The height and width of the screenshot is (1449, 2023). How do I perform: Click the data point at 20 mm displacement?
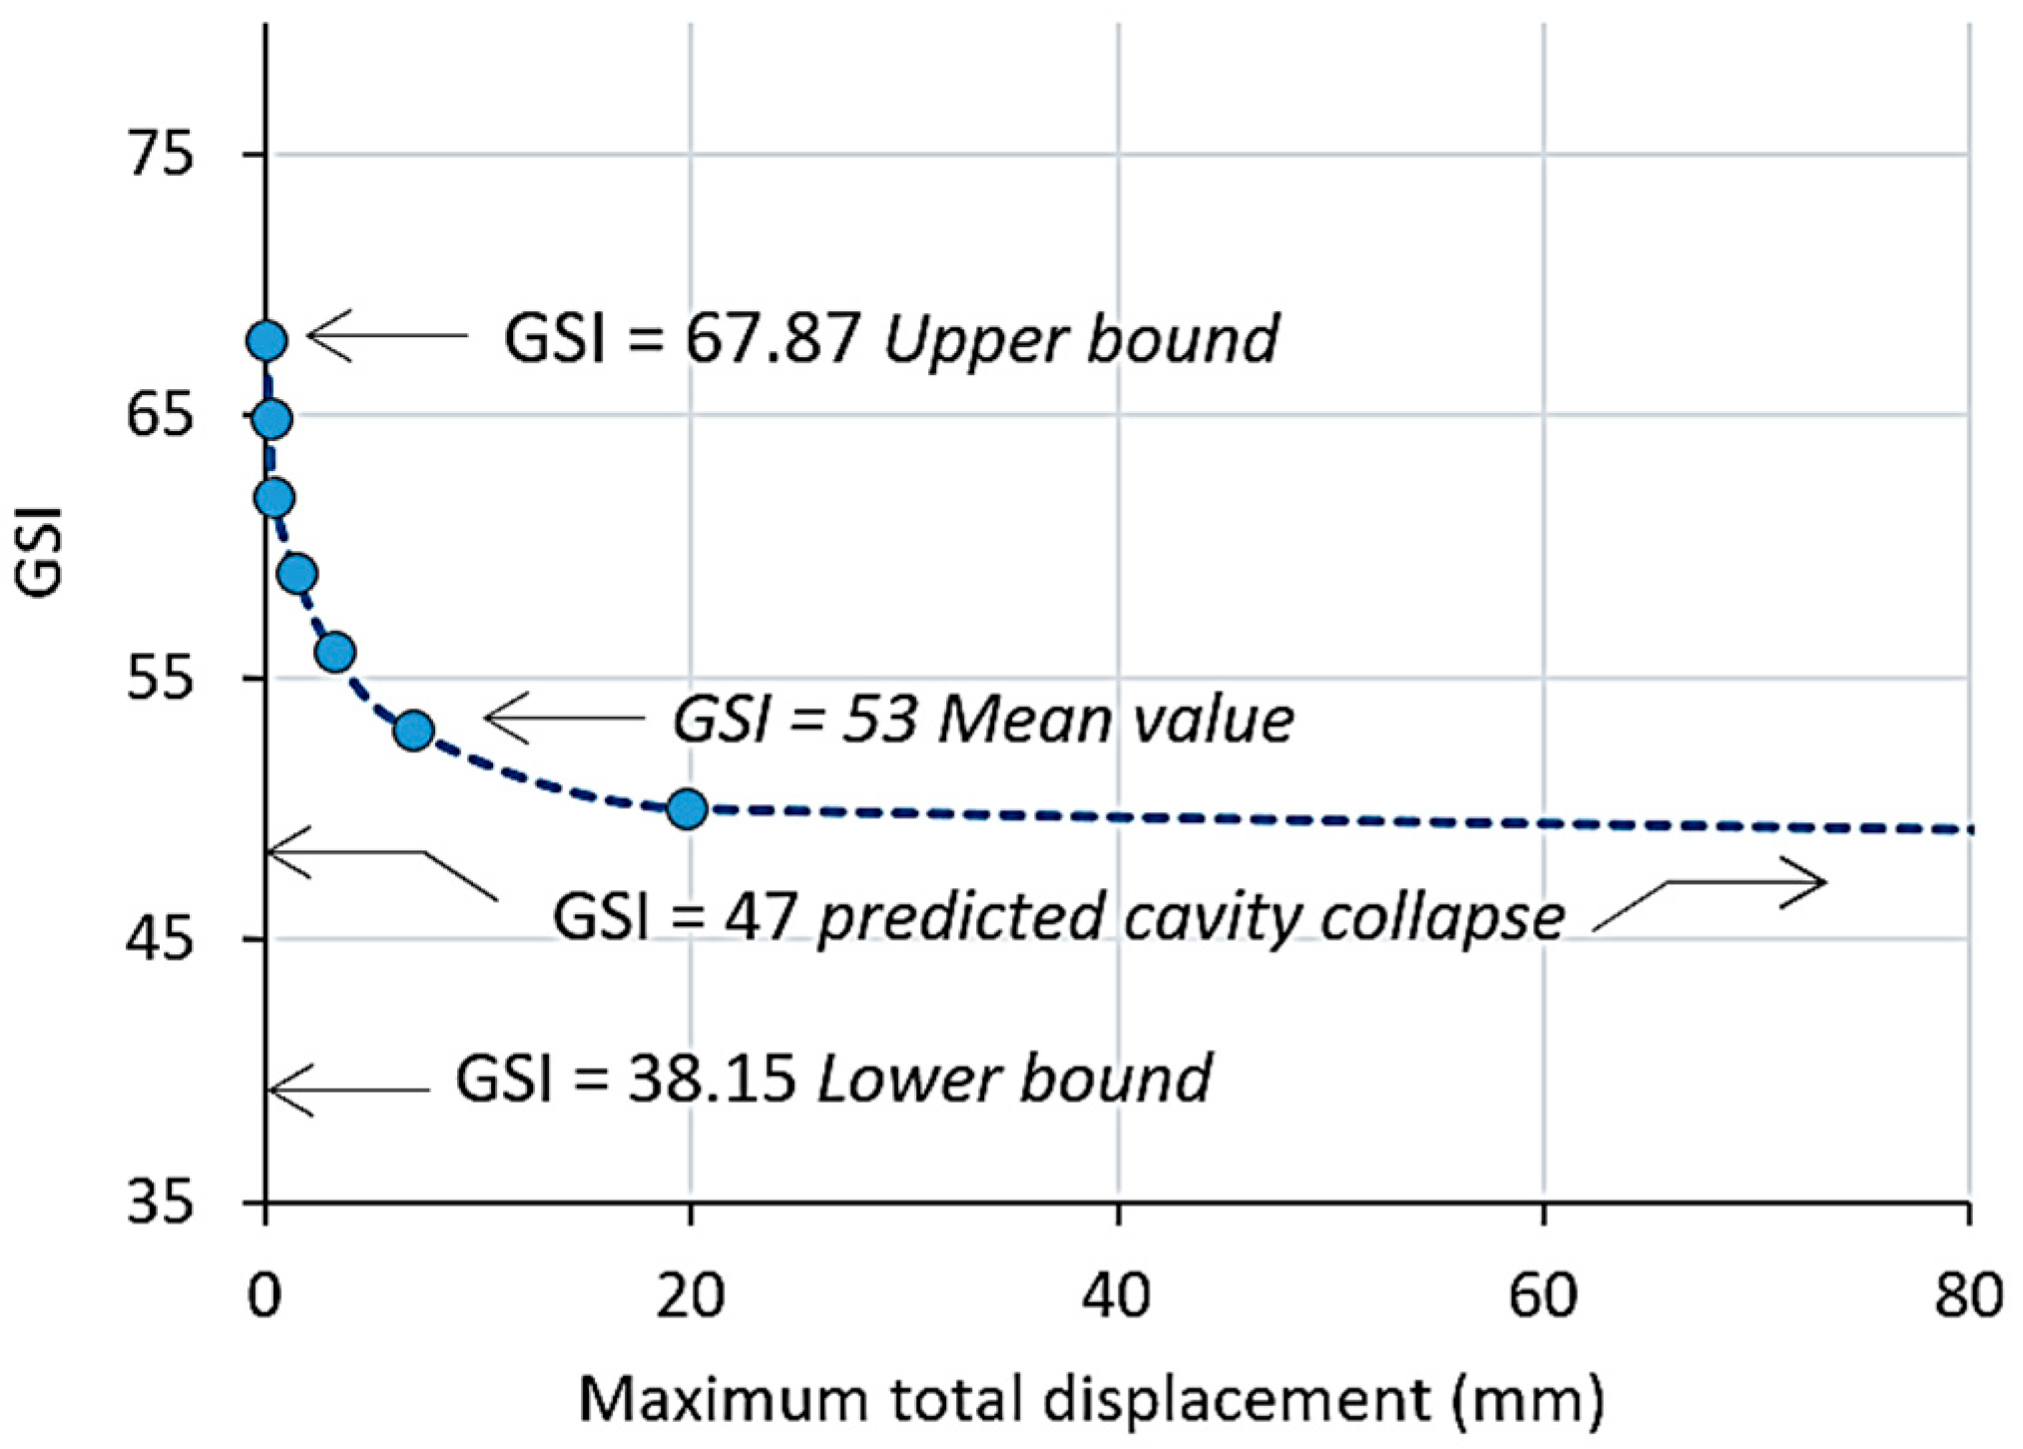(687, 808)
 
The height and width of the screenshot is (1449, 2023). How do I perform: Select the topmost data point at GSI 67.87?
(266, 341)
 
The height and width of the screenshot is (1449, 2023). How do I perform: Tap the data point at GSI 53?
(413, 730)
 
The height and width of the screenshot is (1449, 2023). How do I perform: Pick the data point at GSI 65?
(271, 420)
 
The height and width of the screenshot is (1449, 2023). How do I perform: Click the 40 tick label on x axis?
(1118, 1296)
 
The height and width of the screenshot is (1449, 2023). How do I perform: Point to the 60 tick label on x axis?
(1543, 1296)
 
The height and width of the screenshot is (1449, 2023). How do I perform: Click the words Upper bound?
(1081, 339)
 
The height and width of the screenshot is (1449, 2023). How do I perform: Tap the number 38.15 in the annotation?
(711, 1079)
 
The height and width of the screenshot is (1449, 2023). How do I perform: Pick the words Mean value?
(1116, 719)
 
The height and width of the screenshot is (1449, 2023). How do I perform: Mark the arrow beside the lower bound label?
(349, 1089)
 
